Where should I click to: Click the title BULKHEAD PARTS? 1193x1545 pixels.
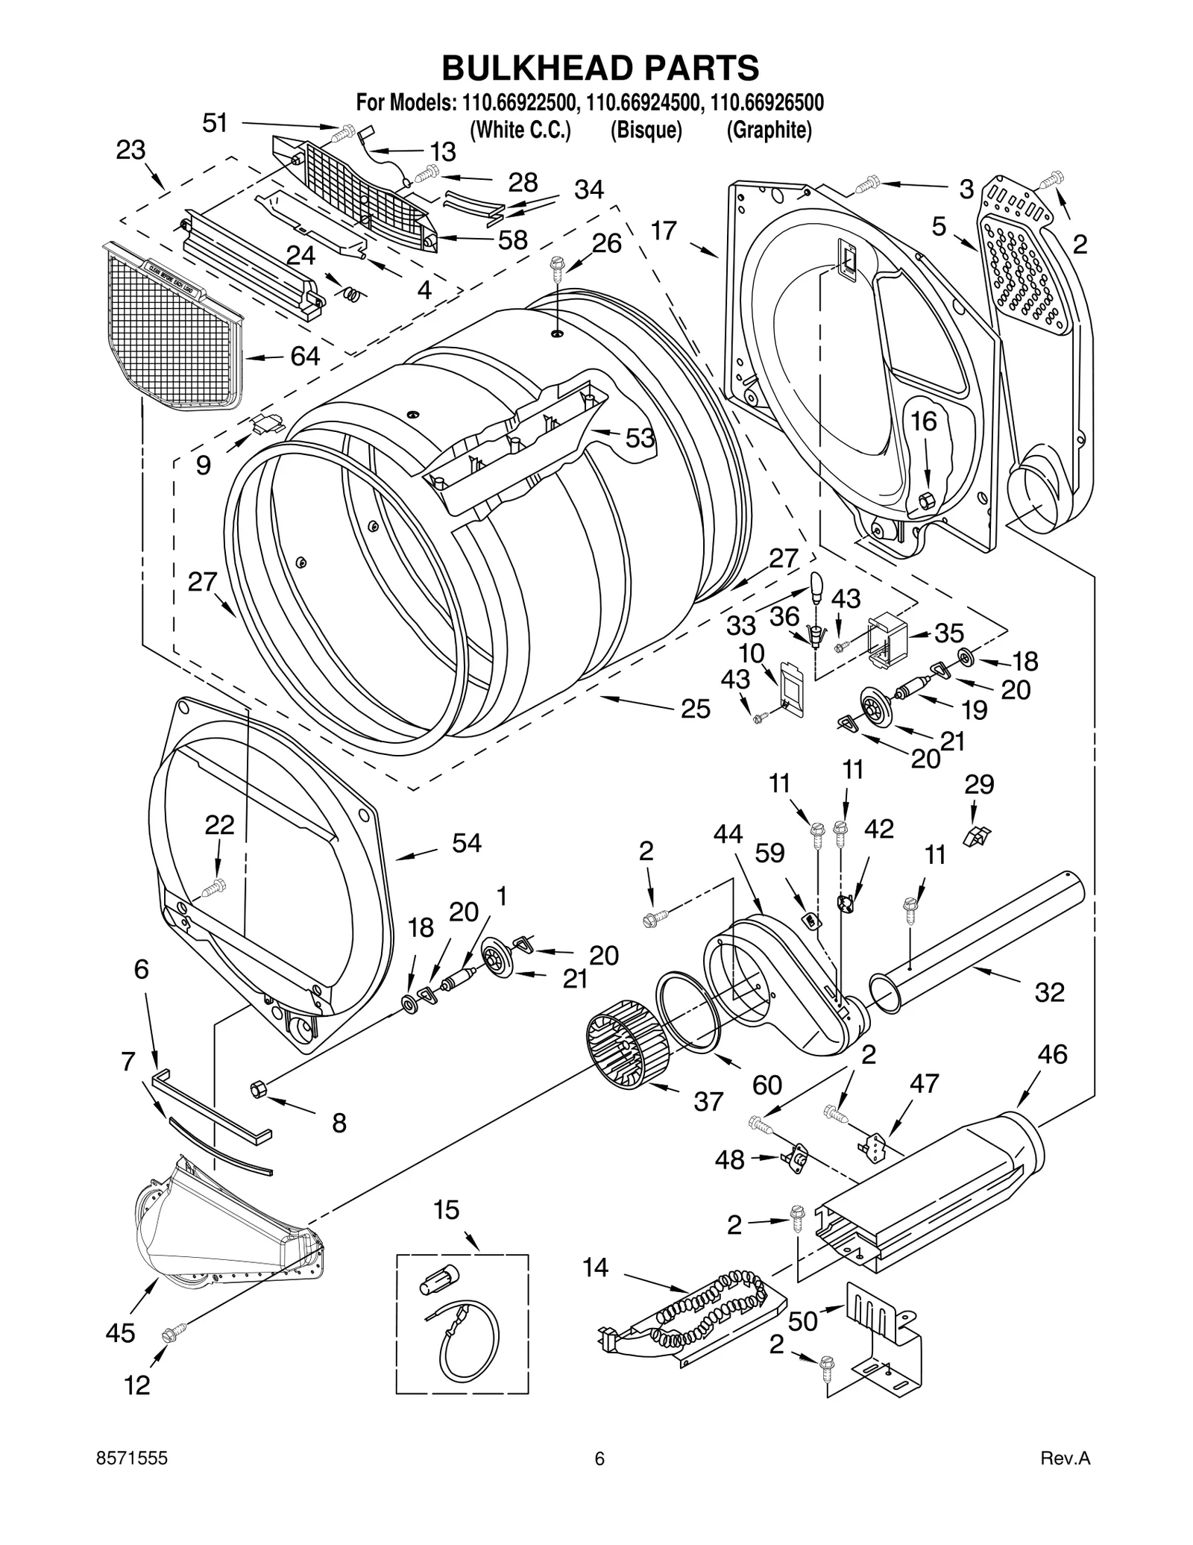coord(600,68)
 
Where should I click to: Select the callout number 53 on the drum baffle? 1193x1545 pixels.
coord(639,438)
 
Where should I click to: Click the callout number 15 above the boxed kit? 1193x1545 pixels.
coord(446,1209)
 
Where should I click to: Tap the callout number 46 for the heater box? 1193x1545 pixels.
coord(1052,1053)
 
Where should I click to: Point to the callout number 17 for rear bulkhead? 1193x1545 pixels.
coord(663,231)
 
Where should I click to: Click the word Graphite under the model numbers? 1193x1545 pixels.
coord(769,130)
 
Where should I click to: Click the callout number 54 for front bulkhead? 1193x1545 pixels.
coord(467,843)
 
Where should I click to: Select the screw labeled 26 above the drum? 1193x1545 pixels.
coord(556,265)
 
